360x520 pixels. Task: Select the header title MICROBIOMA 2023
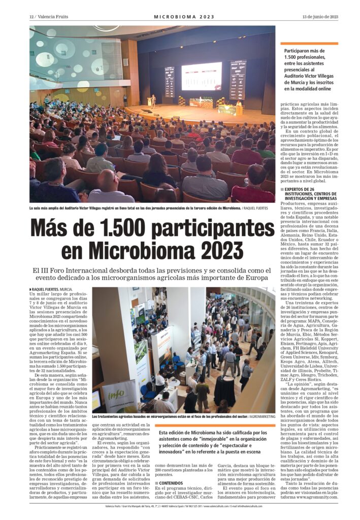coord(180,17)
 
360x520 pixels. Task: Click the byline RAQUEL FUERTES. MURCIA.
coord(51,289)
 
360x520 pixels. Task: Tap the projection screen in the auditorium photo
coord(201,76)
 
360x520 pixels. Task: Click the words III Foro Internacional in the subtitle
coord(70,270)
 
